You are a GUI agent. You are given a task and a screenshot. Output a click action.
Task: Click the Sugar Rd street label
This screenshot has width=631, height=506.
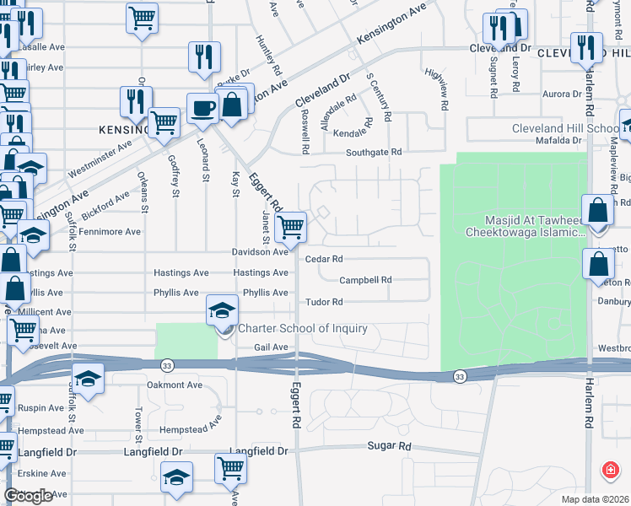(x=388, y=445)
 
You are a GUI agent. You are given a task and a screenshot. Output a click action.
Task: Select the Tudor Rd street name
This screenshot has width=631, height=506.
(x=323, y=302)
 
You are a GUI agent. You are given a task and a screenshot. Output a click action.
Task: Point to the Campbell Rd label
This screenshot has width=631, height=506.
(x=365, y=280)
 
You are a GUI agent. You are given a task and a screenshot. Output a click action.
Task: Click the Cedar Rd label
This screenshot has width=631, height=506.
(x=324, y=260)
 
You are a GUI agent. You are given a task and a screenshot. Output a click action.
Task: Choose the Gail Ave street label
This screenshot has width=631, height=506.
(x=272, y=347)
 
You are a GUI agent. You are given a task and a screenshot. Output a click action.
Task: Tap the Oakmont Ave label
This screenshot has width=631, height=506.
(x=175, y=385)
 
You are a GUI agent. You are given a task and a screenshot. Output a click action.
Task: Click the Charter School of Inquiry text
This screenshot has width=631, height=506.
(x=303, y=328)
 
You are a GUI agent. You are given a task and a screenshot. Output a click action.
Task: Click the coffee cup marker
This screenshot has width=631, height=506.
(x=202, y=108)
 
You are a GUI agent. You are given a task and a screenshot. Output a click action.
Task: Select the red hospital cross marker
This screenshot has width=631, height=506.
(x=608, y=470)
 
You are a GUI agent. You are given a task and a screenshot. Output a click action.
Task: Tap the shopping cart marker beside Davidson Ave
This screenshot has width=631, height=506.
(x=290, y=226)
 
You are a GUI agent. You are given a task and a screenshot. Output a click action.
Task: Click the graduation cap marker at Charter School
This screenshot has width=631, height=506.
(x=223, y=311)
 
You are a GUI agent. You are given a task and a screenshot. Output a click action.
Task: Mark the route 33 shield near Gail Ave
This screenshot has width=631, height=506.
(x=166, y=364)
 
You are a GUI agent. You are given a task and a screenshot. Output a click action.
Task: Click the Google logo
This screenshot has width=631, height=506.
(x=29, y=496)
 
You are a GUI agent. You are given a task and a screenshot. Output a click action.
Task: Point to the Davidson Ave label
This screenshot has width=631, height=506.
(x=262, y=252)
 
